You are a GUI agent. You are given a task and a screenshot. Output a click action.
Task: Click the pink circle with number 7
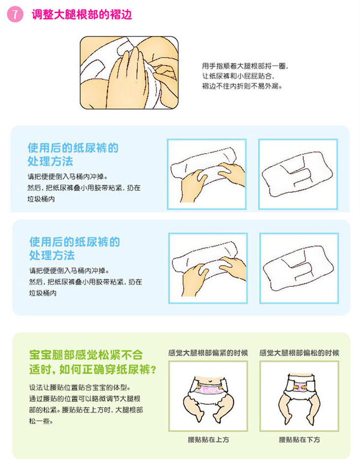[15, 14]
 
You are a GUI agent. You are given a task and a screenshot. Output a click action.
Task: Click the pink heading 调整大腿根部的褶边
[82, 14]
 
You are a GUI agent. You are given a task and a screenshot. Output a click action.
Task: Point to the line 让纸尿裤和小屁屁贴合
[238, 76]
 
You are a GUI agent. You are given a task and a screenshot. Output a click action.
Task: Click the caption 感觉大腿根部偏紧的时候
[208, 353]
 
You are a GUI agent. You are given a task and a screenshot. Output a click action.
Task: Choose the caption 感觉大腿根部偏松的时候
[299, 353]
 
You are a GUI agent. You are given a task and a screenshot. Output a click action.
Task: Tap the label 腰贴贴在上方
[208, 440]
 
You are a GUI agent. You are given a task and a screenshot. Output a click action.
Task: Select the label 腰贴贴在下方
[299, 440]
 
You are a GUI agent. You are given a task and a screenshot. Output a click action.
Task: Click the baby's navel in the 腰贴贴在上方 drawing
[210, 381]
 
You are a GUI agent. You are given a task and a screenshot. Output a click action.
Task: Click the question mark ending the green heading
[153, 370]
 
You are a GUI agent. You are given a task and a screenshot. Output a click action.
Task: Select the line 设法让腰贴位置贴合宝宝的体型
[80, 388]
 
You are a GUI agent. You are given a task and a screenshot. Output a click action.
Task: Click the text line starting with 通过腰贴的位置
[85, 399]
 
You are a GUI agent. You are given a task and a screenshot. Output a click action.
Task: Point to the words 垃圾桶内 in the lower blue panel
[43, 293]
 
